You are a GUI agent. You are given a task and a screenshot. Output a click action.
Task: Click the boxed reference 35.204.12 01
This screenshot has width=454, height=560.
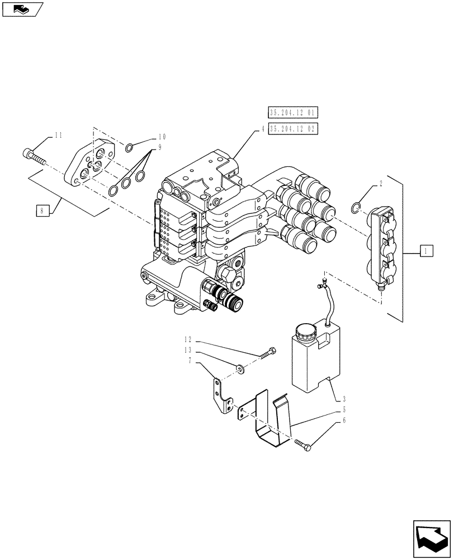pyautogui.click(x=293, y=113)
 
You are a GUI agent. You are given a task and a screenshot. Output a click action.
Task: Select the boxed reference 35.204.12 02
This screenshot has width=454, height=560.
pyautogui.click(x=293, y=129)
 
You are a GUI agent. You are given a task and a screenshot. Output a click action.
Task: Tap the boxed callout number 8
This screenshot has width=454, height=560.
pyautogui.click(x=41, y=211)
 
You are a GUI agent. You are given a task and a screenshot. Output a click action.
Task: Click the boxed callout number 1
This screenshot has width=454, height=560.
pyautogui.click(x=425, y=251)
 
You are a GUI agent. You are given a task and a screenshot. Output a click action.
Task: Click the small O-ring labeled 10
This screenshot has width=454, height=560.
pyautogui.click(x=129, y=148)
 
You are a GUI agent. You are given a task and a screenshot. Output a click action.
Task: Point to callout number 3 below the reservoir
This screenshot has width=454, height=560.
pyautogui.click(x=344, y=399)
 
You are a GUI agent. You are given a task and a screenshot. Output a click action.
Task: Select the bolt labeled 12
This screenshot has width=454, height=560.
pyautogui.click(x=267, y=353)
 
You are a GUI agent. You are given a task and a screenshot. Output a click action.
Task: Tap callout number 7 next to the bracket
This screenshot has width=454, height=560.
pyautogui.click(x=191, y=361)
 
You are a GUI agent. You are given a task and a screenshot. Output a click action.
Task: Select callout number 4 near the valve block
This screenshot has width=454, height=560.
pyautogui.click(x=262, y=129)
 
